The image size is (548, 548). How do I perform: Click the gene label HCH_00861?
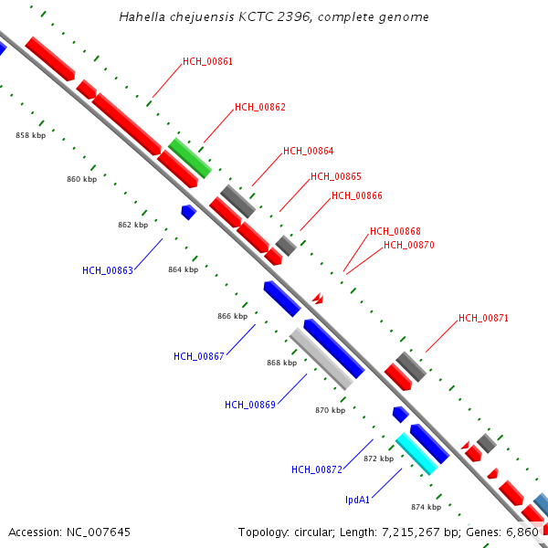(207, 62)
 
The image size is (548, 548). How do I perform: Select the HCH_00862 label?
(260, 108)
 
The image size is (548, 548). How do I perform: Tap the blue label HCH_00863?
(108, 270)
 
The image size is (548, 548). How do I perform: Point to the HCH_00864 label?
(309, 152)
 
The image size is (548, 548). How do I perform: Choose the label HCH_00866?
(357, 195)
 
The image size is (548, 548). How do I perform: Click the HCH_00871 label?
(483, 319)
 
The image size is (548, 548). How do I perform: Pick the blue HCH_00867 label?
(199, 356)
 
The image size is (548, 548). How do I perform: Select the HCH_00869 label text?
(250, 405)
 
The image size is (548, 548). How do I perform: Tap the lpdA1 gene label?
(357, 500)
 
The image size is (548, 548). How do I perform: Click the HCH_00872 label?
(317, 469)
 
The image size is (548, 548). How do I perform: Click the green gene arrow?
(190, 158)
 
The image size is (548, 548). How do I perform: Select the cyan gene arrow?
(416, 454)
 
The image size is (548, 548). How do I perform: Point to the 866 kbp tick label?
(232, 316)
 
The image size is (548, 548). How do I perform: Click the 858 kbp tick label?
(31, 135)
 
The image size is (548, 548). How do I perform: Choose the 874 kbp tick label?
(426, 507)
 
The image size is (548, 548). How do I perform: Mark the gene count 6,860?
(522, 532)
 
